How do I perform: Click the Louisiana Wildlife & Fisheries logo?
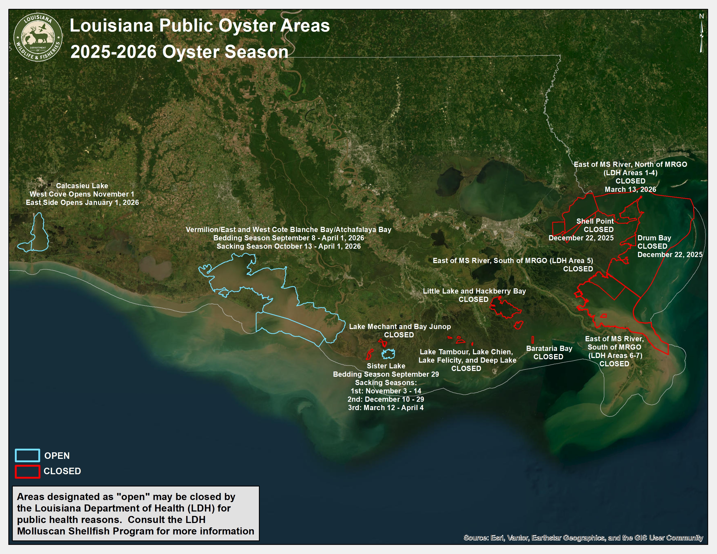coord(38,38)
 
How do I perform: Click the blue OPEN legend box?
coord(28,455)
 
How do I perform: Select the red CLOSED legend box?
coord(28,471)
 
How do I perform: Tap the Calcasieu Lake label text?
coord(82,186)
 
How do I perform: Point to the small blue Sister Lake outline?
coord(388,354)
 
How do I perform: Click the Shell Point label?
coord(595,221)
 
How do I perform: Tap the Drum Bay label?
coord(654,238)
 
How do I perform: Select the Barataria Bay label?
coord(549,349)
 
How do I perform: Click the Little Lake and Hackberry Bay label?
coord(474,291)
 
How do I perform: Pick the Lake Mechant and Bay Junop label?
coord(399,327)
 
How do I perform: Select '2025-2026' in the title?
coord(114,52)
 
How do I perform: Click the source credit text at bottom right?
coord(583,538)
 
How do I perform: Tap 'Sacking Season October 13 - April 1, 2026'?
coord(288,246)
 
